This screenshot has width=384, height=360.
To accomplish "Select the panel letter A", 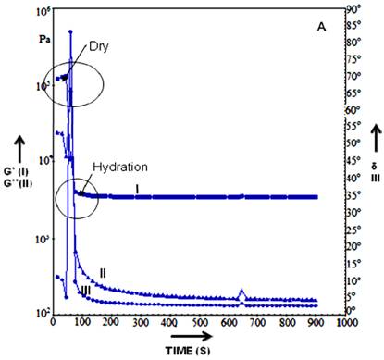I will [x=321, y=28].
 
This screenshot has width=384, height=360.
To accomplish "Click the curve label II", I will [x=105, y=272].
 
